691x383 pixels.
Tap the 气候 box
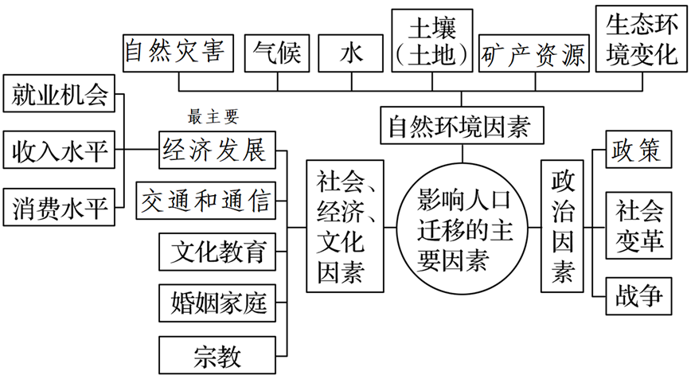(x=275, y=53)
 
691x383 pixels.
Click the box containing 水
(x=350, y=53)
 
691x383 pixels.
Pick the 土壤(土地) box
(x=432, y=41)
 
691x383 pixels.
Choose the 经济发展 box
(x=217, y=150)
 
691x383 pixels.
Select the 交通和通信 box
(x=206, y=200)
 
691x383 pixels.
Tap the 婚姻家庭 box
(x=217, y=303)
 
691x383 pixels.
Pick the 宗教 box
(x=217, y=355)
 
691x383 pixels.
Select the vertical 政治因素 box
(x=562, y=227)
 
